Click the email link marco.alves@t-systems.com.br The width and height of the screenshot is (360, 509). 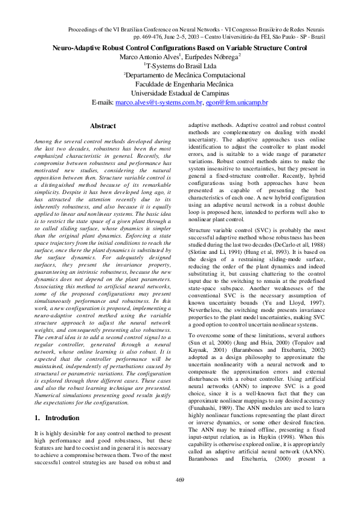(158, 103)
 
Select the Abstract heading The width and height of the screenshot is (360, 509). (103, 126)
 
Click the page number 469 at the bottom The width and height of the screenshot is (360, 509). (179, 480)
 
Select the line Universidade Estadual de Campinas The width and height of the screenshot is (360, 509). (180, 94)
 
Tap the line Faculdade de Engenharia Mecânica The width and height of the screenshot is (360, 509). (180, 84)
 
